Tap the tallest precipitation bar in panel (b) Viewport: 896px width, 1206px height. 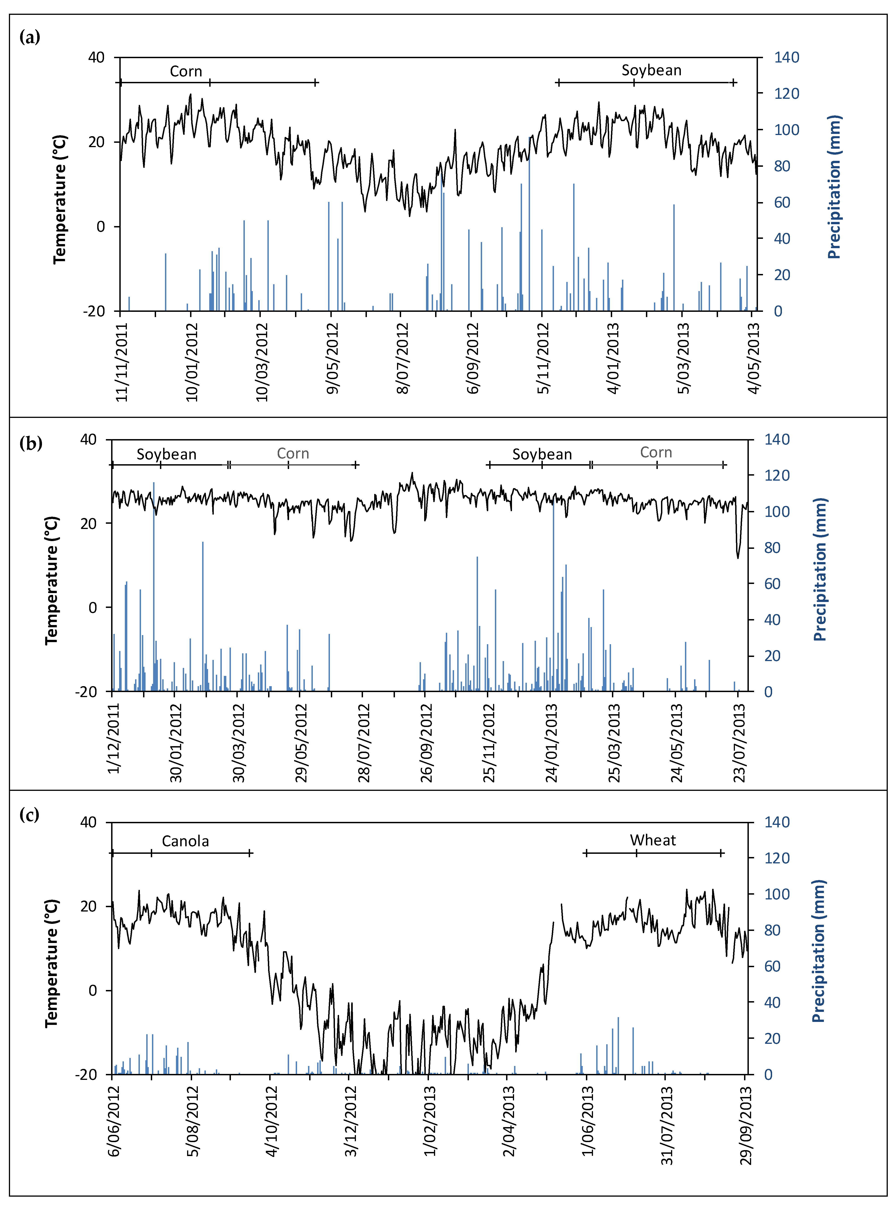[154, 586]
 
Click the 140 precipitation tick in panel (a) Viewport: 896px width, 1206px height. [786, 57]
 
